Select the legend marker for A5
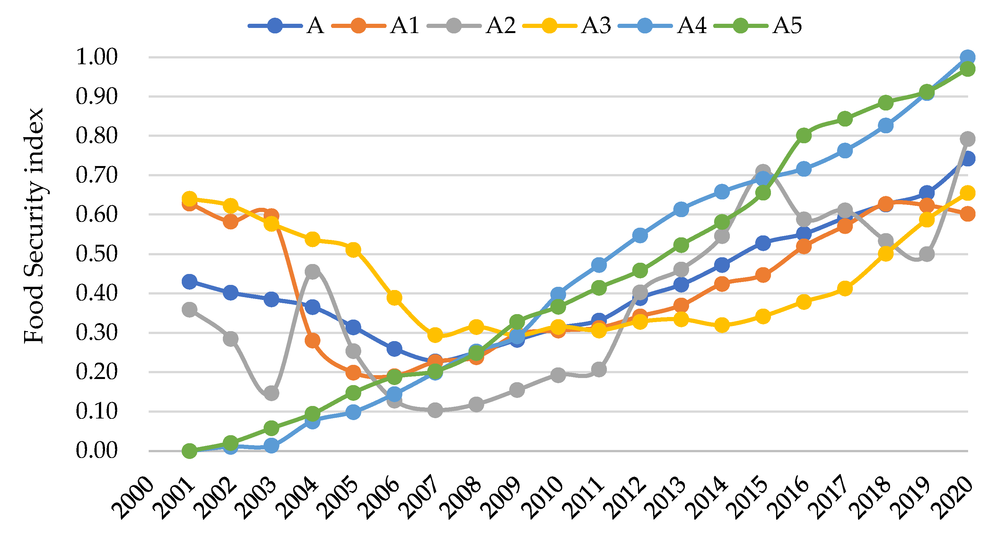pos(740,26)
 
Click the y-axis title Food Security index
pos(34,226)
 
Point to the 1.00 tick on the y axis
pos(96,57)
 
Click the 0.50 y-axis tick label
pos(96,254)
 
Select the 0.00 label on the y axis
pos(96,450)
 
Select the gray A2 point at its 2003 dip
pos(271,393)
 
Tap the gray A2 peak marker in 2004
pos(312,271)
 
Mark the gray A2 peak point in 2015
pos(763,171)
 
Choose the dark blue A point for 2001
pos(189,281)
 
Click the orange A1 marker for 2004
pos(312,341)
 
